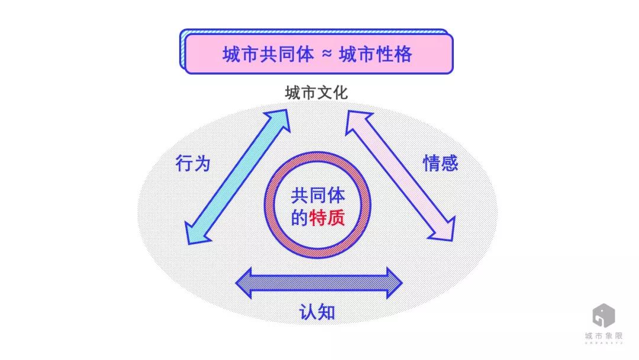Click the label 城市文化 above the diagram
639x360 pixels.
[316, 92]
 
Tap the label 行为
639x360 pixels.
[193, 163]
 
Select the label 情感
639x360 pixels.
[441, 163]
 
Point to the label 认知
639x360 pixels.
[317, 313]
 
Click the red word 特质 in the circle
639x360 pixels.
[327, 218]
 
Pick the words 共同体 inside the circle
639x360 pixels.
[318, 196]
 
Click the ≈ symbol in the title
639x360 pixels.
[327, 53]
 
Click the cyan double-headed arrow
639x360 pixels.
[238, 177]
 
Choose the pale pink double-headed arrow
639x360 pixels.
[400, 175]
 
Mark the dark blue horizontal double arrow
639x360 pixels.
[319, 283]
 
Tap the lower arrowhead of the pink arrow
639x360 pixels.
[445, 230]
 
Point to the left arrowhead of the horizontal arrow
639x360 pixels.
[244, 283]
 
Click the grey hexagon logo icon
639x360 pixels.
[603, 315]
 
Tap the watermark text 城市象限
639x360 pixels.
[603, 336]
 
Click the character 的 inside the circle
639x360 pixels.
[299, 218]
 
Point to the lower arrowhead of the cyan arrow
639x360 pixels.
[196, 234]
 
